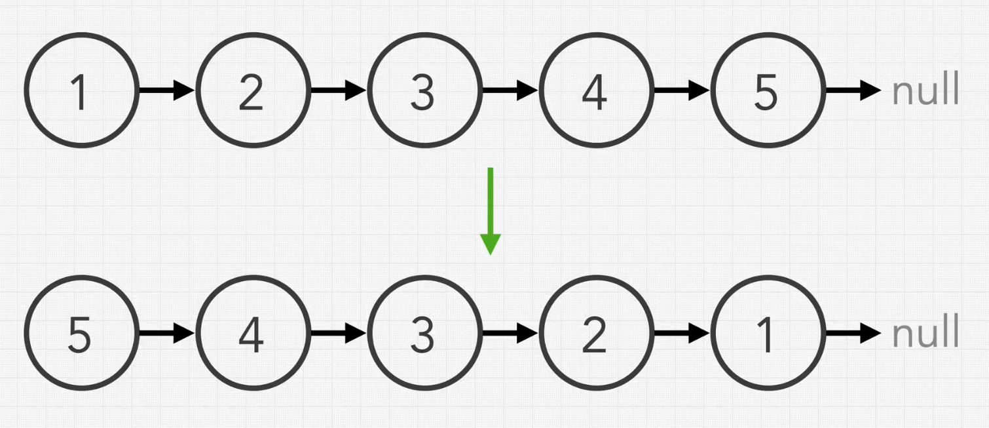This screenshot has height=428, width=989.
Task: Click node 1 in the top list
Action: point(81,90)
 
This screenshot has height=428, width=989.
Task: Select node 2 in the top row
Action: point(252,90)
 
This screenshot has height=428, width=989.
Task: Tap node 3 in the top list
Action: point(424,90)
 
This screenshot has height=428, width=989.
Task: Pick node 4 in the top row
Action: point(595,90)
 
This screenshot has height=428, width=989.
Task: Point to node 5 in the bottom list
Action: point(81,334)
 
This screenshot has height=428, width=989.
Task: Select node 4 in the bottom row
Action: point(252,334)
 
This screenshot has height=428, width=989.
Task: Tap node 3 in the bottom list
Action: point(424,334)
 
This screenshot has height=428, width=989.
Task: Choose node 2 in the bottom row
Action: point(595,334)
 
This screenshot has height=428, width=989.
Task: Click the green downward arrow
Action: point(490,210)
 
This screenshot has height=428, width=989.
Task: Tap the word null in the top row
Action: point(925,90)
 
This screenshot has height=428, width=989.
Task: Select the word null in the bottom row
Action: point(925,334)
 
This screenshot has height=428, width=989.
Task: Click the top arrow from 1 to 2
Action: point(167,90)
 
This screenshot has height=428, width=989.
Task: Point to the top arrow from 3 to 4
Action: point(510,90)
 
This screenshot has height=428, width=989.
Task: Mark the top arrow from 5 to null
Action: point(853,90)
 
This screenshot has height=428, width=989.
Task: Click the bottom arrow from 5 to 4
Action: point(167,334)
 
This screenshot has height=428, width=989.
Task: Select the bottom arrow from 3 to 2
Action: point(510,334)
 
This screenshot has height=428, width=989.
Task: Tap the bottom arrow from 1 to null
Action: point(853,334)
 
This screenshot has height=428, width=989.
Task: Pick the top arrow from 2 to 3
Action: point(338,90)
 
